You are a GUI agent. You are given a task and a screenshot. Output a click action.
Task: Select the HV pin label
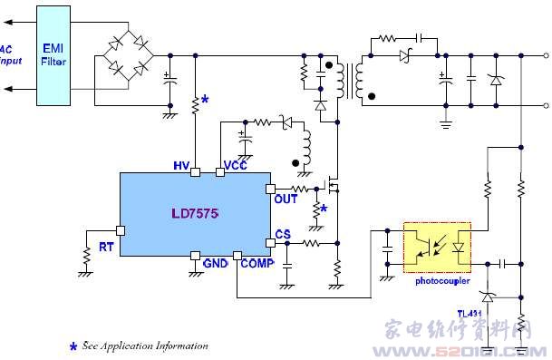pos(180,165)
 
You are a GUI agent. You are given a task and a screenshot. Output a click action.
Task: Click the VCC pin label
pos(236,165)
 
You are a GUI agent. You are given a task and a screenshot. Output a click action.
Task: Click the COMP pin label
pos(257,263)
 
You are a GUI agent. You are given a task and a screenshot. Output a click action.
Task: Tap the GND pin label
pos(215,263)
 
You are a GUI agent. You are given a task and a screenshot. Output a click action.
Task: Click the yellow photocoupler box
pos(437,246)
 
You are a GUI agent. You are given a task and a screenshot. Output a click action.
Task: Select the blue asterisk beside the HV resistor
pos(205,99)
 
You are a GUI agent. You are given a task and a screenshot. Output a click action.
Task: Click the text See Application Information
pos(145,345)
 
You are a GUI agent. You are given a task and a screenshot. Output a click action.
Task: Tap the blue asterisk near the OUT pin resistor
pos(323,209)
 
